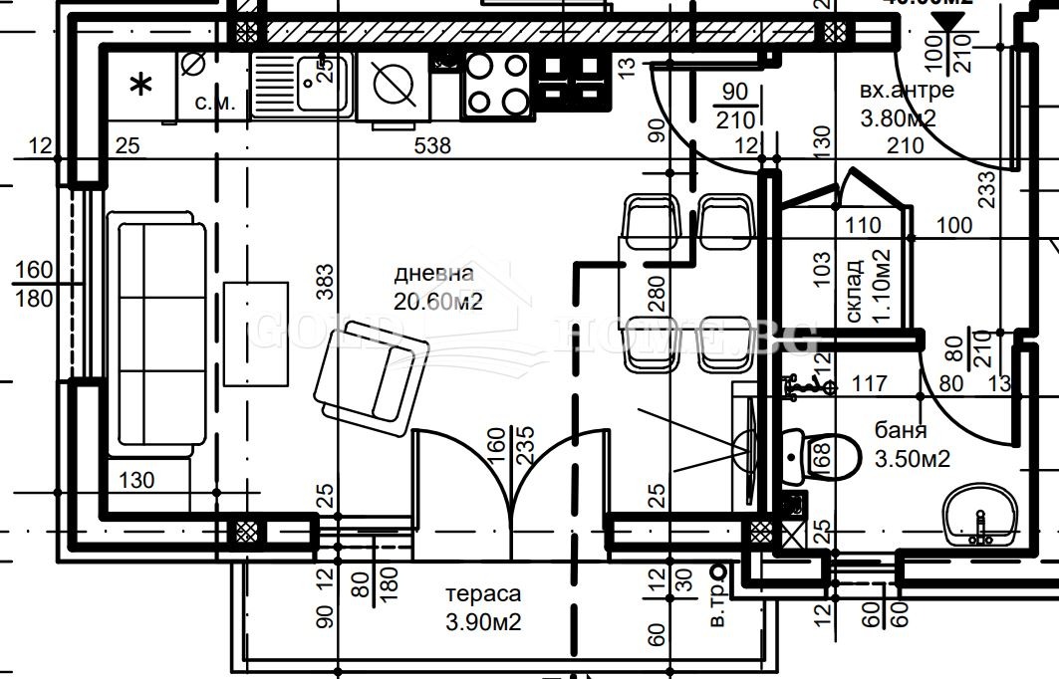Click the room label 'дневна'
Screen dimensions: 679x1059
[x=434, y=273]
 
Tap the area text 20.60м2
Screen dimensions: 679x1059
[x=438, y=302]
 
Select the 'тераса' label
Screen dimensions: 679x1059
[x=482, y=594]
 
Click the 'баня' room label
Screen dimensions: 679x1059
[x=901, y=431]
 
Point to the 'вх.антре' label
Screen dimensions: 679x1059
[x=907, y=92]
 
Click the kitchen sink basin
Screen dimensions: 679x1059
[x=321, y=84]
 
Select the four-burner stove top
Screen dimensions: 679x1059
[x=497, y=84]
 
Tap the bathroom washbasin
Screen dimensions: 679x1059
[x=980, y=517]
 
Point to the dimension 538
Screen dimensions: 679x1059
[x=433, y=146]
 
